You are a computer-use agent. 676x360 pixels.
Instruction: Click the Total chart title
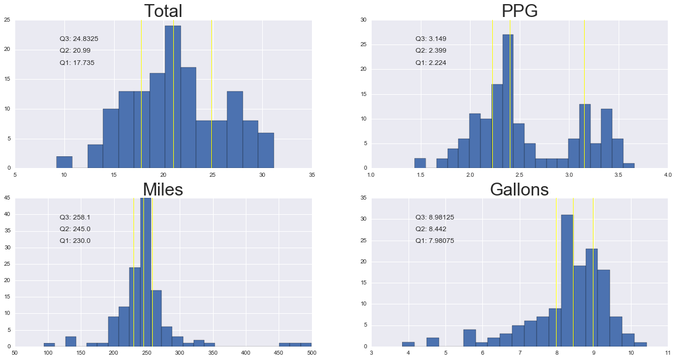(x=163, y=11)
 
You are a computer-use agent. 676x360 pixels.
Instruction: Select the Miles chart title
(x=163, y=189)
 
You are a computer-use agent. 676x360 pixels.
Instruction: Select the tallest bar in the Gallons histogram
(x=567, y=280)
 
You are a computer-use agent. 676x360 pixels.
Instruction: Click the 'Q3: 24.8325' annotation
(x=79, y=39)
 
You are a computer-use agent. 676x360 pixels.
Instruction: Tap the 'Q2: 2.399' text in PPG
(x=431, y=51)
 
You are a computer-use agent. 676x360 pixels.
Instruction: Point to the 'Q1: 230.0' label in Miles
(x=75, y=241)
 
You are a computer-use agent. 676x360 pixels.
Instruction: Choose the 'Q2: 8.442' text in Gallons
(x=431, y=229)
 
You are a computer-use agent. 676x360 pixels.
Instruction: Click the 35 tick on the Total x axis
(x=311, y=174)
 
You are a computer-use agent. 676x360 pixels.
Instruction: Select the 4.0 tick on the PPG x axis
(x=667, y=174)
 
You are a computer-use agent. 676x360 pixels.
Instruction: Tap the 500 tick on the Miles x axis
(x=311, y=353)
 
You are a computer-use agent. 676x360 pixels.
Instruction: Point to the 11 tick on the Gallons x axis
(x=667, y=353)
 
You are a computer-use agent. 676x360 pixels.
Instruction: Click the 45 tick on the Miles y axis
(x=8, y=198)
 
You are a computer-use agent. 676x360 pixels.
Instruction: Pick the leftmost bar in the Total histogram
(x=64, y=162)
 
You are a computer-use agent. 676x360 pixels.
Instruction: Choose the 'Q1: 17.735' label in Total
(x=77, y=63)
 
